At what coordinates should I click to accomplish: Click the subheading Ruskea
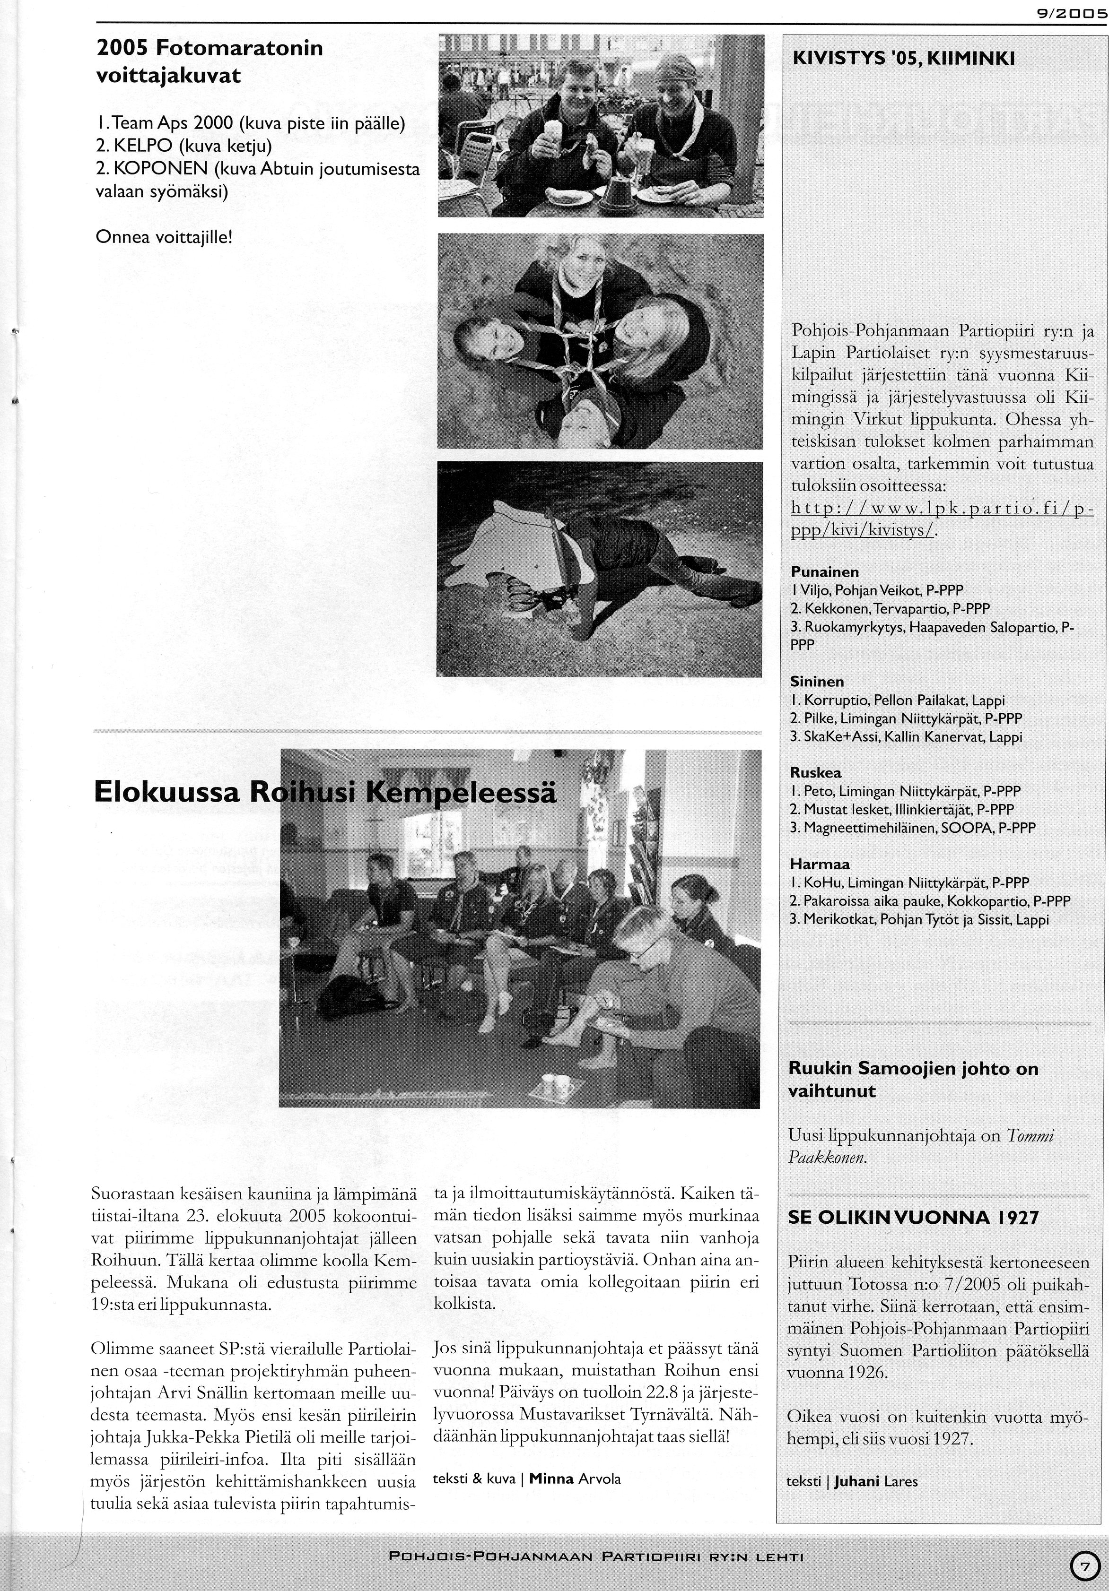point(815,773)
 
